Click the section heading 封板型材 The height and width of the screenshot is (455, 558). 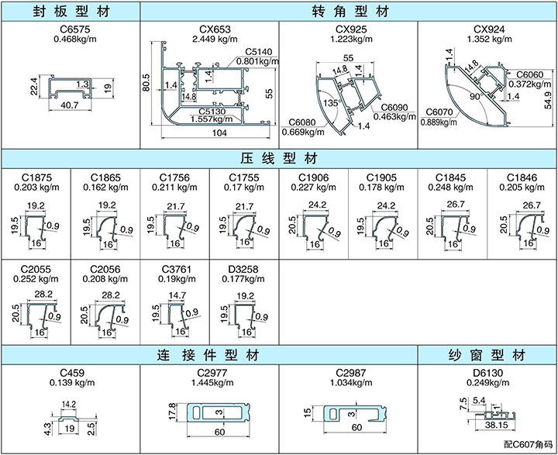pos(70,11)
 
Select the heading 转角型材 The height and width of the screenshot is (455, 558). pos(349,11)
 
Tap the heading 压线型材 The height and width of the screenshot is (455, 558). pos(279,158)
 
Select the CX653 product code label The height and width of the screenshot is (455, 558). pos(210,29)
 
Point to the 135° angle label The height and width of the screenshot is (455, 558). pos(332,102)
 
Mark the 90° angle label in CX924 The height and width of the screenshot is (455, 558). pos(474,98)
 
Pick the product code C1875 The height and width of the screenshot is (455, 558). pos(36,178)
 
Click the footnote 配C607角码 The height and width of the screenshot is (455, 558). pos(528,445)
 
